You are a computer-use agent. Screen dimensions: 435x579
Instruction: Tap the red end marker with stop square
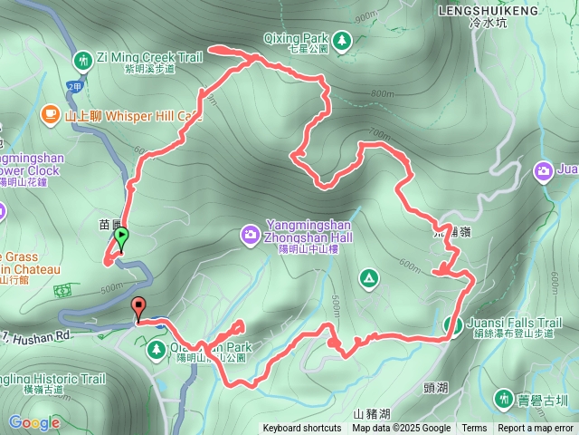(138, 306)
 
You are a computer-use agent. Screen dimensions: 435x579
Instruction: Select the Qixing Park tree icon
(342, 40)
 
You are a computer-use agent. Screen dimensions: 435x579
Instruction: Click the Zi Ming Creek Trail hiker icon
(83, 61)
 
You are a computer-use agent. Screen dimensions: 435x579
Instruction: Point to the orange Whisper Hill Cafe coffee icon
(51, 114)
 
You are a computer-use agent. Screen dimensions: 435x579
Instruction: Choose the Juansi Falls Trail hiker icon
(454, 324)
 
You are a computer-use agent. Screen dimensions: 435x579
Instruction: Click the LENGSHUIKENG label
(488, 11)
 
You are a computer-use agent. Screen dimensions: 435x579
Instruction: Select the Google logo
(33, 422)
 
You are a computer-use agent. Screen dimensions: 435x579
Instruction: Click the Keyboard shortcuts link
(302, 429)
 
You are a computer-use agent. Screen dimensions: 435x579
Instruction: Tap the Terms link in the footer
(474, 429)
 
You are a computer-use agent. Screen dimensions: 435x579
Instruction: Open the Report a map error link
(536, 429)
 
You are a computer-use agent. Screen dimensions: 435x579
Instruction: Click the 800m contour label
(382, 93)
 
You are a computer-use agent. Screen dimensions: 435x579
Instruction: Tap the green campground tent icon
(368, 276)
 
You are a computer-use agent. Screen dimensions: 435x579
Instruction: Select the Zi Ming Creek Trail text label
(151, 56)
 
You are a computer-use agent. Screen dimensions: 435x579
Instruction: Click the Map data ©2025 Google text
(402, 429)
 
